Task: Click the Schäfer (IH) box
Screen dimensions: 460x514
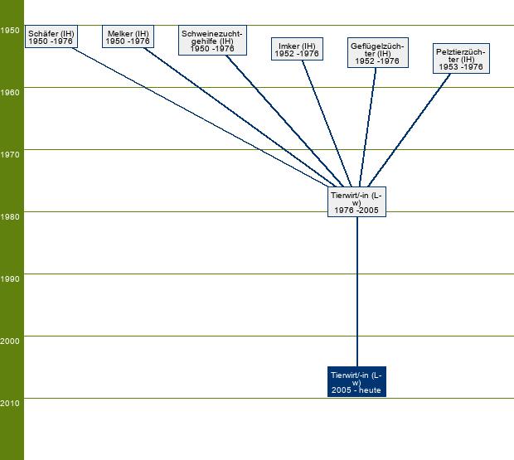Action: pyautogui.click(x=51, y=37)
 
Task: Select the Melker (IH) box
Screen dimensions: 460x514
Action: pyautogui.click(x=128, y=37)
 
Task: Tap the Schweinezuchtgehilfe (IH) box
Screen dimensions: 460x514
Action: pyautogui.click(x=212, y=41)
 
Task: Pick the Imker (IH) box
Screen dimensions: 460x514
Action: pyautogui.click(x=296, y=50)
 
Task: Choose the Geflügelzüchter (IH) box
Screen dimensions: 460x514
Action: pyautogui.click(x=377, y=53)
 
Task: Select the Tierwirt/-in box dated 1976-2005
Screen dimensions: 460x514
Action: pyautogui.click(x=357, y=202)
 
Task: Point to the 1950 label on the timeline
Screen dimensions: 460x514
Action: pyautogui.click(x=11, y=31)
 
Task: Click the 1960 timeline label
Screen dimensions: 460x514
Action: pyautogui.click(x=11, y=93)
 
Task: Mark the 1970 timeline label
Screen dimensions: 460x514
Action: pyautogui.click(x=11, y=155)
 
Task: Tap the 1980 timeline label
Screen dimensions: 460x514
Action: pyautogui.click(x=11, y=217)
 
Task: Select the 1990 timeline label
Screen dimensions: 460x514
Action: pyautogui.click(x=11, y=279)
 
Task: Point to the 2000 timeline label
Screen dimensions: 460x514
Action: pyautogui.click(x=11, y=341)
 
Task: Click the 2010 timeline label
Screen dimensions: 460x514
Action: pyautogui.click(x=11, y=404)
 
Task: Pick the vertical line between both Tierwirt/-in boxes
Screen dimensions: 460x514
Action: pyautogui.click(x=357, y=290)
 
